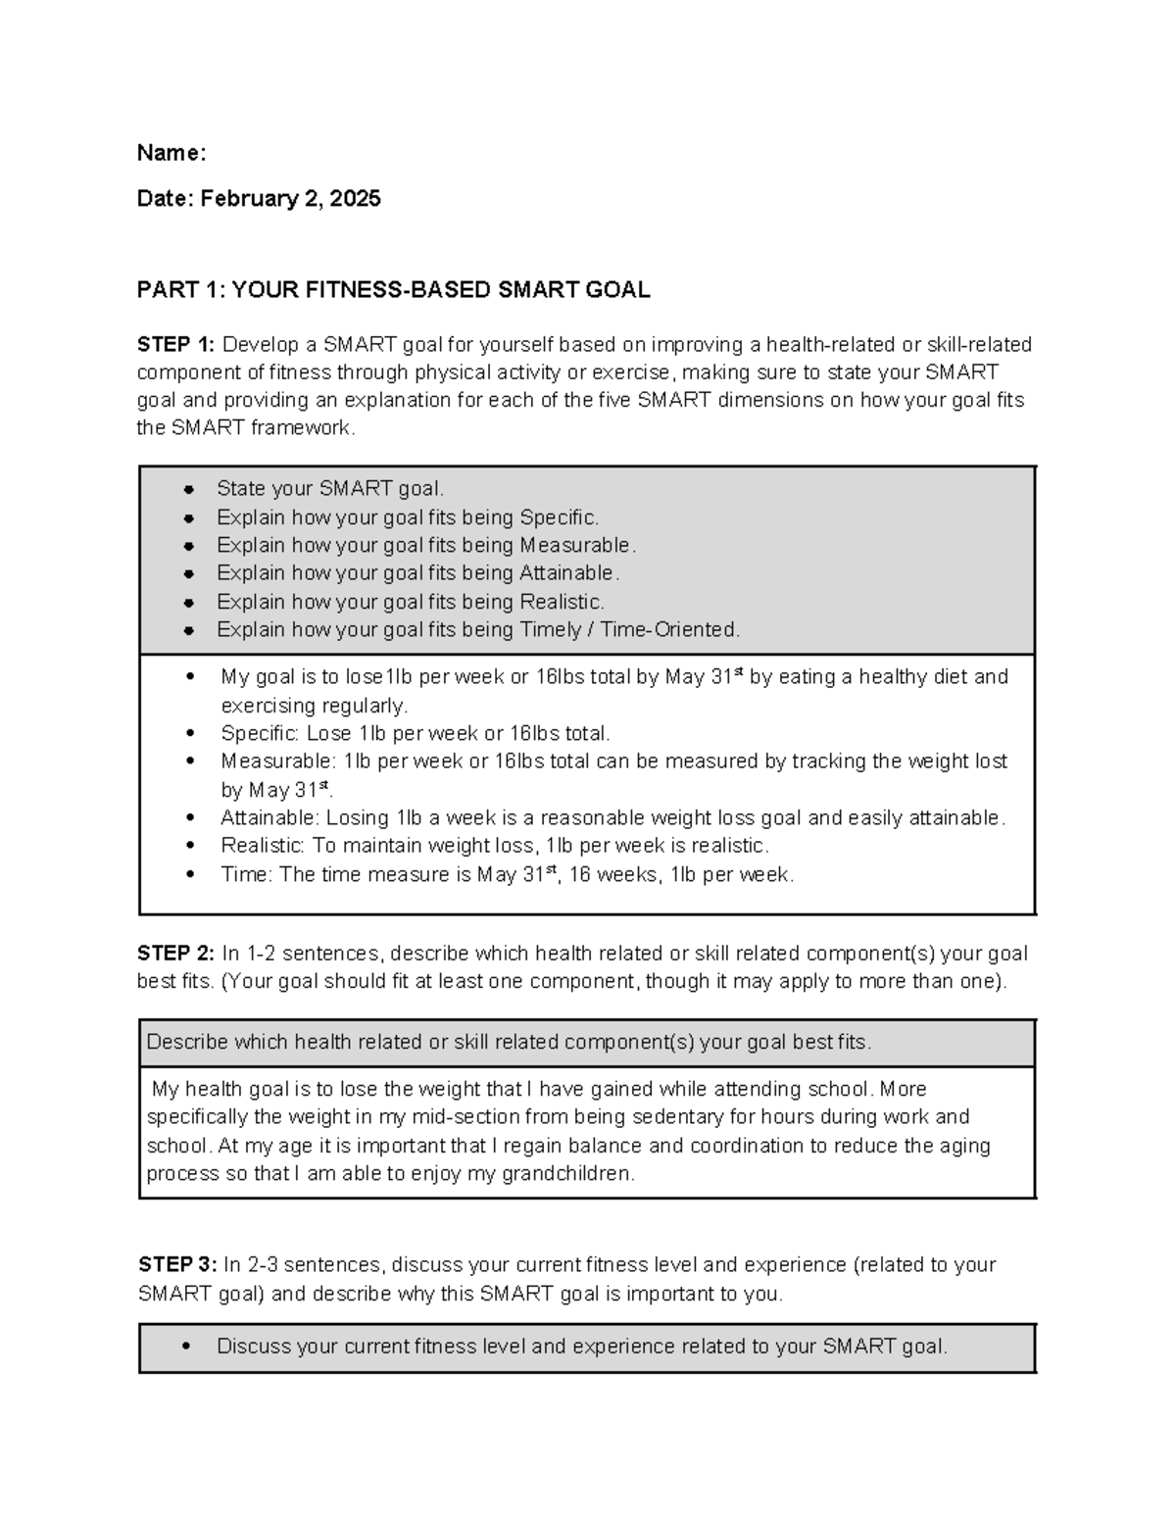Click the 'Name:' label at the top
(x=171, y=153)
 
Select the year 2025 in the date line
(x=355, y=199)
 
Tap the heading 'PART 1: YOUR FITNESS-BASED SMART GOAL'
(x=393, y=290)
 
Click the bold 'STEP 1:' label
(x=175, y=345)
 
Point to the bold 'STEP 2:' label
(x=175, y=954)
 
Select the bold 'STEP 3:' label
(x=176, y=1265)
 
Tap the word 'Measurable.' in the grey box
(x=577, y=545)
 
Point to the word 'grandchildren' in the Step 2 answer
(x=566, y=1174)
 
